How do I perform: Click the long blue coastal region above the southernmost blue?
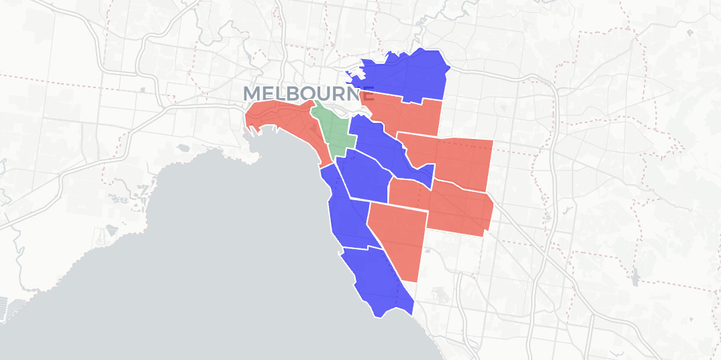(346, 215)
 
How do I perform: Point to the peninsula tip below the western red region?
(254, 160)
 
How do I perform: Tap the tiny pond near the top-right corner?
(689, 32)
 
